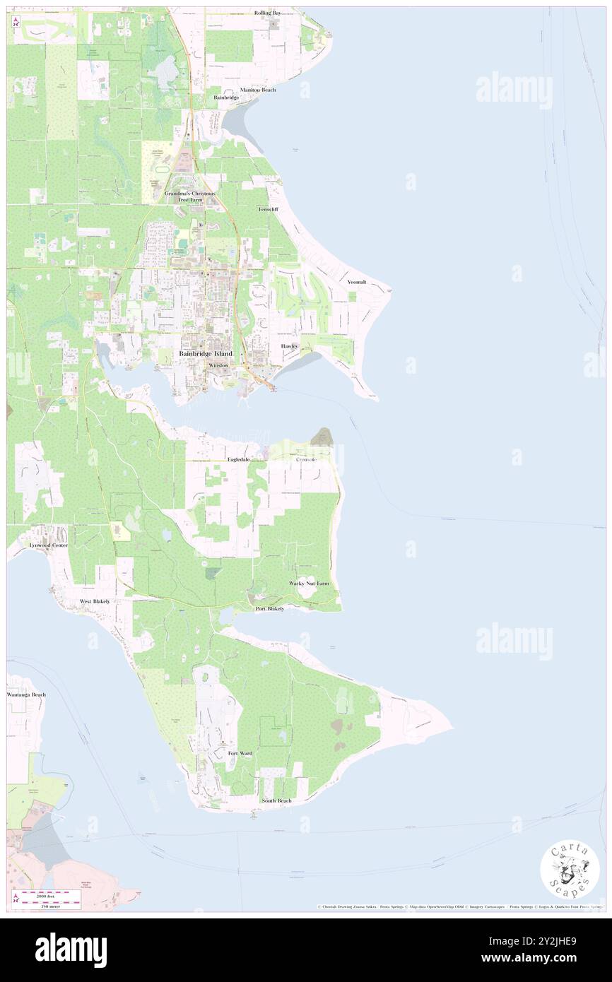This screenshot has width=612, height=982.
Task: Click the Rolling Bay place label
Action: click(x=272, y=13)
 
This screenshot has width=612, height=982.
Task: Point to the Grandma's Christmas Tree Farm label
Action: click(x=191, y=196)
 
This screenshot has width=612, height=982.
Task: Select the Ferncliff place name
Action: click(x=269, y=210)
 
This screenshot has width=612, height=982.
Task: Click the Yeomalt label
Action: click(x=357, y=282)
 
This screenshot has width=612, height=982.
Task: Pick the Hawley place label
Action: click(x=290, y=346)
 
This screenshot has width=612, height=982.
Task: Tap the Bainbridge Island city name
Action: click(x=206, y=353)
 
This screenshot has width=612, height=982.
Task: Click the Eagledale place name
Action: click(x=239, y=459)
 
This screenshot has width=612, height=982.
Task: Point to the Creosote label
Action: click(x=305, y=459)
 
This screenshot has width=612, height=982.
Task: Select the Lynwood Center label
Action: click(x=48, y=546)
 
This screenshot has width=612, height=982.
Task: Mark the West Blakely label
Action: click(x=95, y=601)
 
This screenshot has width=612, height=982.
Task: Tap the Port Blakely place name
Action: click(x=270, y=608)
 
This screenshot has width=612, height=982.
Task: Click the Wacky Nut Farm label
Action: click(x=309, y=584)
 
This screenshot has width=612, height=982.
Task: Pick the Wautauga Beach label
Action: click(x=27, y=694)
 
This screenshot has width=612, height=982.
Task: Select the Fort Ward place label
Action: click(x=240, y=754)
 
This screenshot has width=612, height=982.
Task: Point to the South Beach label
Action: click(x=276, y=800)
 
